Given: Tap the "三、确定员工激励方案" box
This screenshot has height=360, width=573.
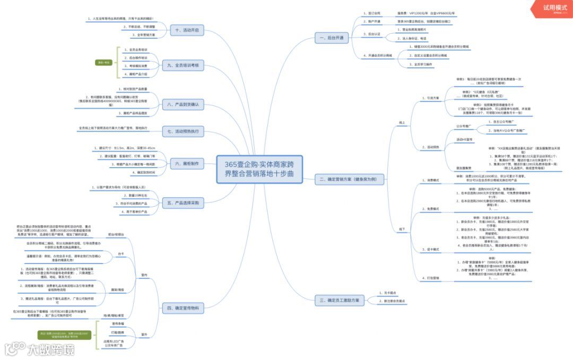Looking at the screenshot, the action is [340, 301].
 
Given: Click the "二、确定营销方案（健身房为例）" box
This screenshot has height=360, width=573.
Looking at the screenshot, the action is [349, 180].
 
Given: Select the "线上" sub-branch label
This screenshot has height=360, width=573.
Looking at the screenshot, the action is [402, 122].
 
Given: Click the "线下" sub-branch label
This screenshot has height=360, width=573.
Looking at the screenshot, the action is [402, 229].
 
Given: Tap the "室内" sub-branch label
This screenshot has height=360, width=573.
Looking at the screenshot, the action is [144, 275].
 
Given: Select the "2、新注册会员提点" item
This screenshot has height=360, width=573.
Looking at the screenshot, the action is [392, 301].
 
